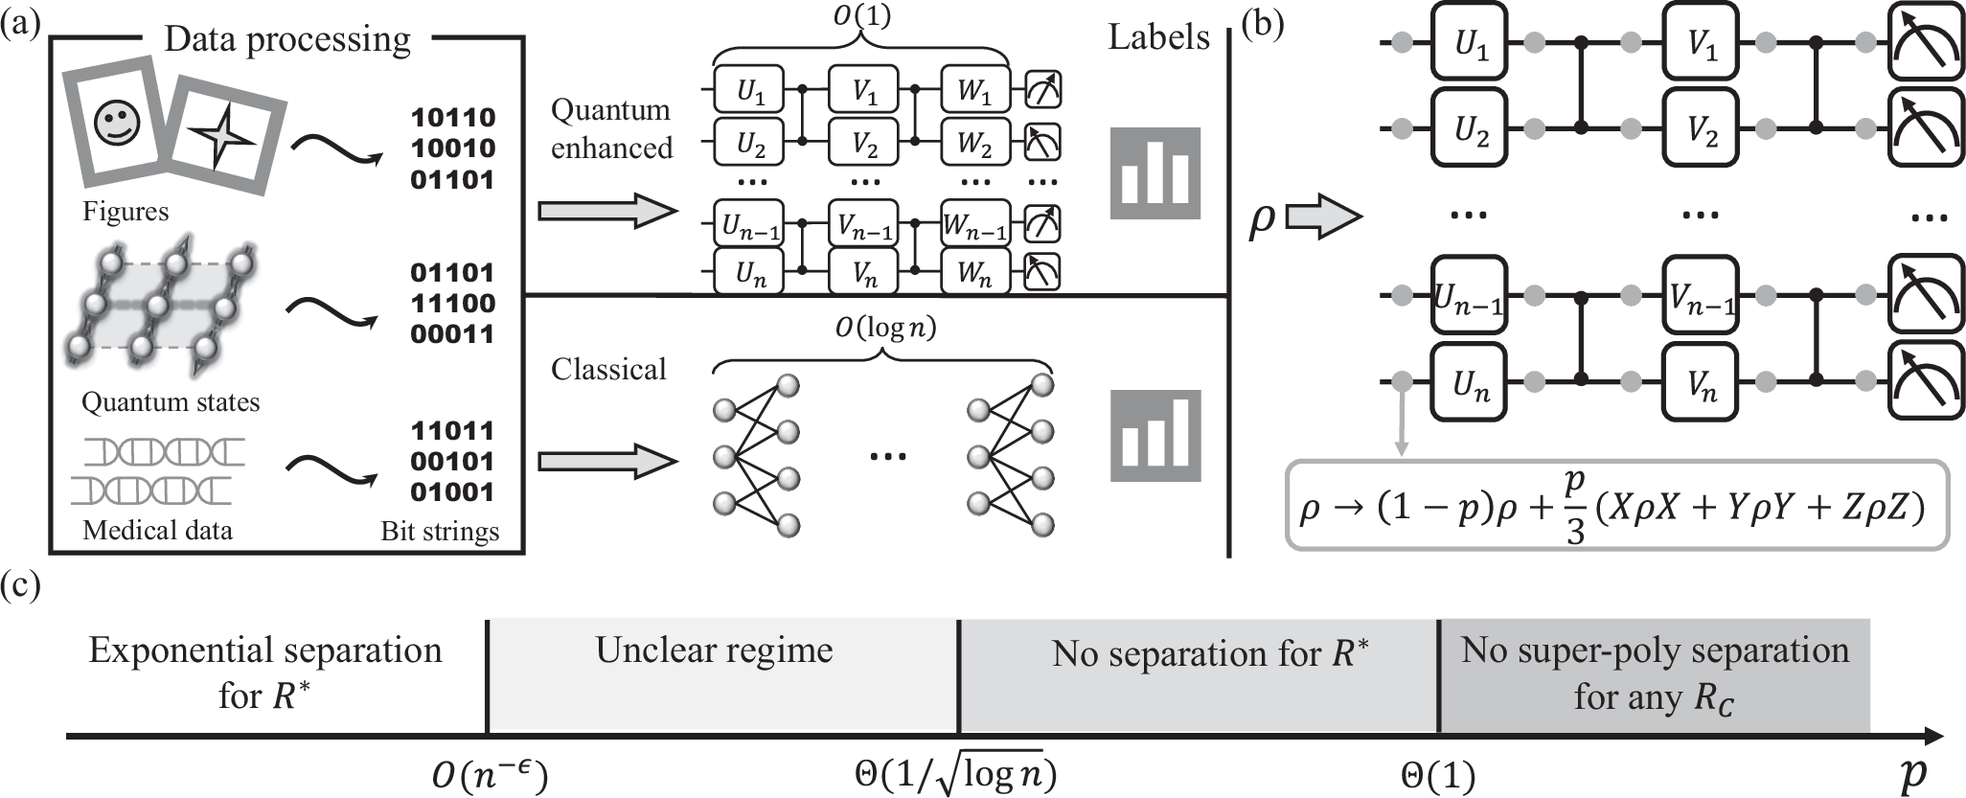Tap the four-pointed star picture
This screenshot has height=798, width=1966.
[222, 138]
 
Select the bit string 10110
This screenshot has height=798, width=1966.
[453, 118]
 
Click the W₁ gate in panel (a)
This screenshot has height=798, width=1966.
[975, 92]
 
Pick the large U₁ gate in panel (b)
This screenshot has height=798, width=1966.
[1471, 43]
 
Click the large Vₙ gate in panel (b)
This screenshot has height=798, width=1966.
[1702, 384]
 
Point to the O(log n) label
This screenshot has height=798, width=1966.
[883, 329]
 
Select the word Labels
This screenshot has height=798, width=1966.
[1158, 38]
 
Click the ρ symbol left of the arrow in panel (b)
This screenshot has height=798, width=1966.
[1263, 217]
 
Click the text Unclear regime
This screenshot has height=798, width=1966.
[714, 650]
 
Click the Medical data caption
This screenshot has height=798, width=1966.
[157, 530]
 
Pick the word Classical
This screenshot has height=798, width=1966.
[608, 370]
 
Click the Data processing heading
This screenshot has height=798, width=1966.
[287, 39]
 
